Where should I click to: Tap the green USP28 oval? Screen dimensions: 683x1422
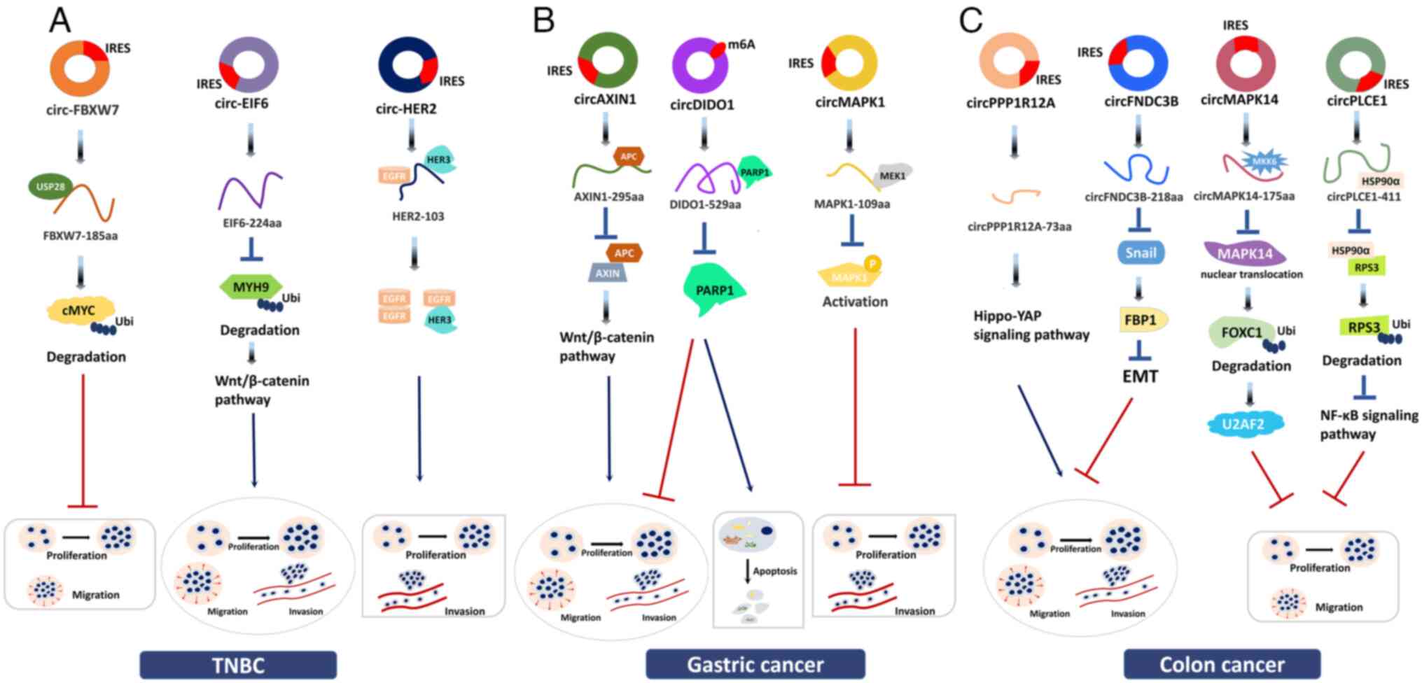coord(50,187)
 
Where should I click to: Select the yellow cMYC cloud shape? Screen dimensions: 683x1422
coord(79,310)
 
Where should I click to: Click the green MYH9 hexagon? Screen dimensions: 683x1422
coord(251,287)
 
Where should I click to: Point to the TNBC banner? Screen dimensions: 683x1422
coord(238,665)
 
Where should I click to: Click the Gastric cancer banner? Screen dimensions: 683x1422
coord(755,664)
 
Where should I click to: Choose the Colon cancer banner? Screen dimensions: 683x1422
coord(1222,664)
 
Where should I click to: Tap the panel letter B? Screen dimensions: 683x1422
coord(544,21)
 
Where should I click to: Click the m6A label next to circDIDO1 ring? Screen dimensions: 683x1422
coord(741,45)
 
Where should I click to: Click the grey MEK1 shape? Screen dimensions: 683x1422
coord(893,176)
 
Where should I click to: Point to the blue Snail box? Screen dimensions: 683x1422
coord(1141,253)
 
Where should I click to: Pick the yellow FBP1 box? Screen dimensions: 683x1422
coord(1141,320)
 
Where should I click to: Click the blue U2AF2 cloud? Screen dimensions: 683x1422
coord(1243,424)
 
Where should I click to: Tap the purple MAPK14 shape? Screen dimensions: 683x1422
coord(1244,253)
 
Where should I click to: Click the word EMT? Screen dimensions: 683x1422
coord(1140,376)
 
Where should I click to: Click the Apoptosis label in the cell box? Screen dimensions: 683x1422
coord(775,571)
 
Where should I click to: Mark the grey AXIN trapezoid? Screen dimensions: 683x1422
coord(607,274)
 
